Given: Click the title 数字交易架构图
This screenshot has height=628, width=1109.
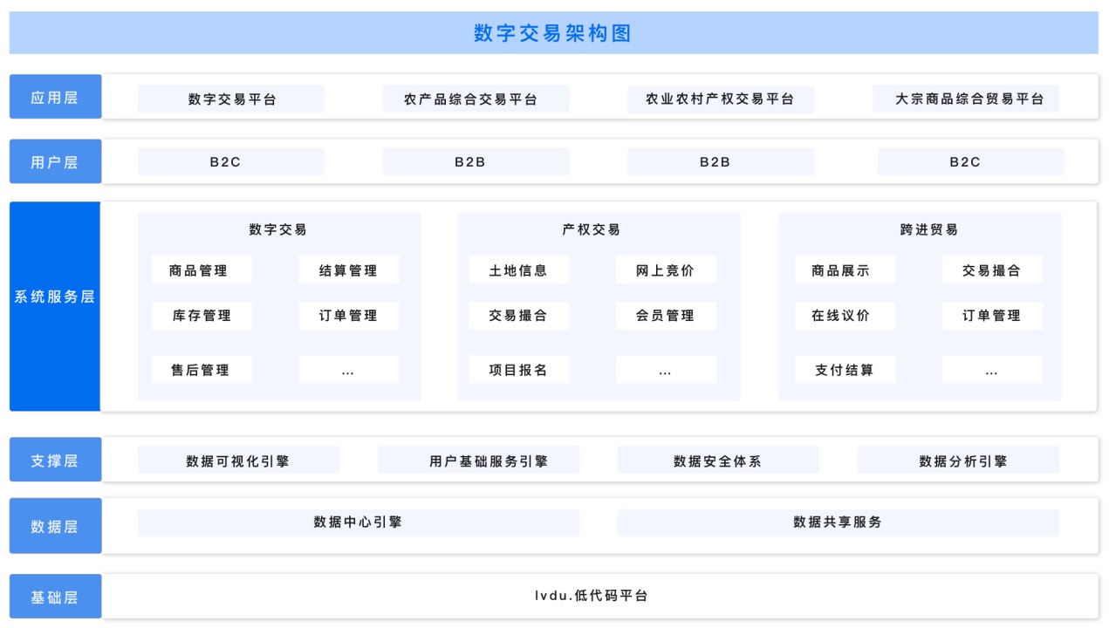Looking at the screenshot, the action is [x=552, y=33].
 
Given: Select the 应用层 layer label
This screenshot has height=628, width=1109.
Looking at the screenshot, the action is [x=56, y=97].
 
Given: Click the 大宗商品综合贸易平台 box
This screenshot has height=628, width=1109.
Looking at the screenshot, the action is [x=966, y=99].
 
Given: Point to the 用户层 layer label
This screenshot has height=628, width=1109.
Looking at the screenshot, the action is [x=56, y=161].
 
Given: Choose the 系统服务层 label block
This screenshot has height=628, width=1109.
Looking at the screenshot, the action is [x=55, y=306].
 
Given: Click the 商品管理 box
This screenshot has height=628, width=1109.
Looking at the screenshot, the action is [x=202, y=270].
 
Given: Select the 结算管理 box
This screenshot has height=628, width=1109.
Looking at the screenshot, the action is [x=348, y=270].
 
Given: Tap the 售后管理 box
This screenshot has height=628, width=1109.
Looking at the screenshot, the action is [x=202, y=369].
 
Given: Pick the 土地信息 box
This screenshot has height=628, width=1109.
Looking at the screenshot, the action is [x=519, y=270].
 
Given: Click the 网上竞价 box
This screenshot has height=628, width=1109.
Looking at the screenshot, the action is [x=666, y=270].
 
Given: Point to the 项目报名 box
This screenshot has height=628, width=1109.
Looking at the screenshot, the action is [x=519, y=369].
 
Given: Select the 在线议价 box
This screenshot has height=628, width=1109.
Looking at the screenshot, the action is [x=845, y=315].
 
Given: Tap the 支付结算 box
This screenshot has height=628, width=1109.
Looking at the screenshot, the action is [x=845, y=369].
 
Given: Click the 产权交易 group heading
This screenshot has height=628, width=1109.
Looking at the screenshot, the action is [x=591, y=229].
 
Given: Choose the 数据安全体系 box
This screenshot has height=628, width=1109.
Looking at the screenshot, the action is [x=718, y=461].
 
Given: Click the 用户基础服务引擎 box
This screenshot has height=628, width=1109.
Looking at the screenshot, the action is [x=478, y=461].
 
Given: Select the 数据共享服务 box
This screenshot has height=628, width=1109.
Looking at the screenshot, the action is [x=839, y=522].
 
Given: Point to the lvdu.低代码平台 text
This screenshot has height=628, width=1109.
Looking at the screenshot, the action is [x=591, y=596].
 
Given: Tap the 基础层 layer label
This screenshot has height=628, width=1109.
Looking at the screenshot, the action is [x=56, y=597].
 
